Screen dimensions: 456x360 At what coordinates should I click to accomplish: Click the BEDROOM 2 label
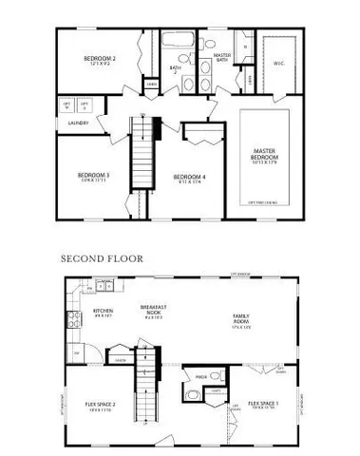point(89,59)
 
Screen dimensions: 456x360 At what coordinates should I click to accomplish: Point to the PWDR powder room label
point(200,376)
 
